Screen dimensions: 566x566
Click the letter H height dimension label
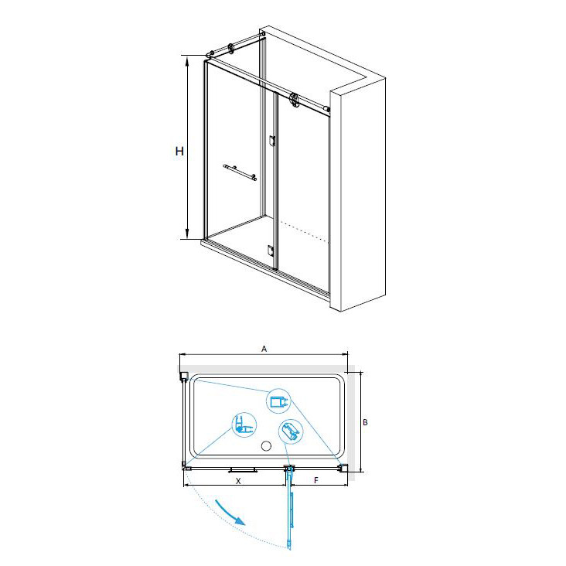pyautogui.click(x=179, y=152)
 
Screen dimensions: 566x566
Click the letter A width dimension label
pyautogui.click(x=264, y=349)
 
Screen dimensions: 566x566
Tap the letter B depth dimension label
pyautogui.click(x=365, y=422)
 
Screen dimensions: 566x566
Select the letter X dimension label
pyautogui.click(x=238, y=481)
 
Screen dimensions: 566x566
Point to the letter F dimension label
pyautogui.click(x=316, y=480)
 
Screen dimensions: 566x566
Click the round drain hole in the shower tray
pyautogui.click(x=266, y=446)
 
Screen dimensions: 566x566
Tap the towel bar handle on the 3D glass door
pyautogui.click(x=240, y=172)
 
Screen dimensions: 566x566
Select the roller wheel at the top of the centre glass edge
pyautogui.click(x=294, y=100)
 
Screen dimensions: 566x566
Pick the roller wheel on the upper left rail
pyautogui.click(x=230, y=49)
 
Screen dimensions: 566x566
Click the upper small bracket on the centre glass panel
pyautogui.click(x=272, y=141)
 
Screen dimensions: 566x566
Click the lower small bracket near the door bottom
pyautogui.click(x=271, y=251)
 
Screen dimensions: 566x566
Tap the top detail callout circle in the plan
pyautogui.click(x=278, y=401)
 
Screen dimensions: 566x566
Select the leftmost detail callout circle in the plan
pyautogui.click(x=244, y=424)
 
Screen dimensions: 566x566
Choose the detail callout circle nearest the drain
pyautogui.click(x=291, y=431)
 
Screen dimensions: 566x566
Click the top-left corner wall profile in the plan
pyautogui.click(x=184, y=376)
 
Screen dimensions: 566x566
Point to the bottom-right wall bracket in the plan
pyautogui.click(x=343, y=468)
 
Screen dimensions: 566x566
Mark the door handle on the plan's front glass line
pyautogui.click(x=243, y=470)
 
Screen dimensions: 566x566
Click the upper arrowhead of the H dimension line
pyautogui.click(x=187, y=61)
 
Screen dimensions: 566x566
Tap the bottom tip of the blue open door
pyautogui.click(x=289, y=549)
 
